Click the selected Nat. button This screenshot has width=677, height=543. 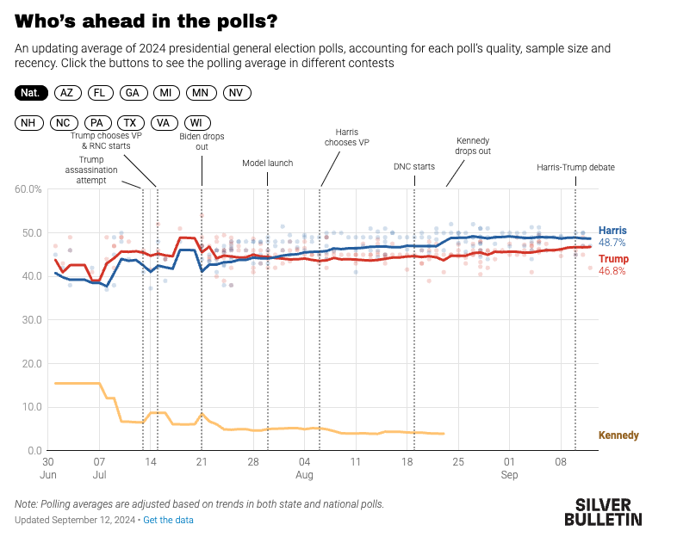(31, 92)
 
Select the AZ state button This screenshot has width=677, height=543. (68, 92)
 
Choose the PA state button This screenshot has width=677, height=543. (97, 123)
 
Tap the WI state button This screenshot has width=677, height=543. (196, 123)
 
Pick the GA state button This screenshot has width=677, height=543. (132, 92)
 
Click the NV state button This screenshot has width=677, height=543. (236, 92)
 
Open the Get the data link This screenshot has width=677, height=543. (168, 520)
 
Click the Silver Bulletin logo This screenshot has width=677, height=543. (603, 511)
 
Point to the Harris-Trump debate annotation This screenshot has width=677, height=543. (575, 167)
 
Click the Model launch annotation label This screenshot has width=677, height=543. (267, 163)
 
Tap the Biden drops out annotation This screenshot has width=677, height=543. (202, 141)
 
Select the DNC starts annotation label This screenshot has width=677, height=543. (413, 167)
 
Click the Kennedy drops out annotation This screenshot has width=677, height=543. (472, 145)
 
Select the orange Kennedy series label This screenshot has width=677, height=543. (618, 435)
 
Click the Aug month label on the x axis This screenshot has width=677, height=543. (304, 474)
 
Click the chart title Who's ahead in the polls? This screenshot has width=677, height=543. (146, 21)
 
